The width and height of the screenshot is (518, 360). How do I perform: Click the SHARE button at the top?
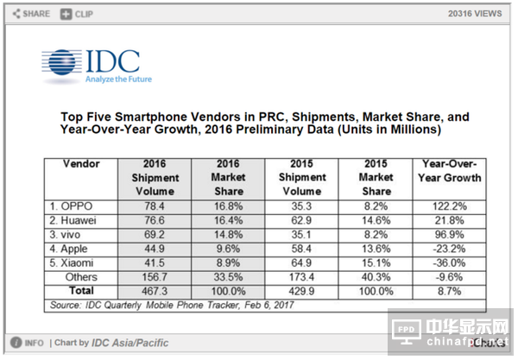click(32, 14)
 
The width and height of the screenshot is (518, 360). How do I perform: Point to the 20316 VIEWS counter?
click(476, 14)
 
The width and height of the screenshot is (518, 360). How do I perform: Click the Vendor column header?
click(82, 163)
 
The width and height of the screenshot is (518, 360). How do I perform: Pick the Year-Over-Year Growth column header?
click(452, 170)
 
